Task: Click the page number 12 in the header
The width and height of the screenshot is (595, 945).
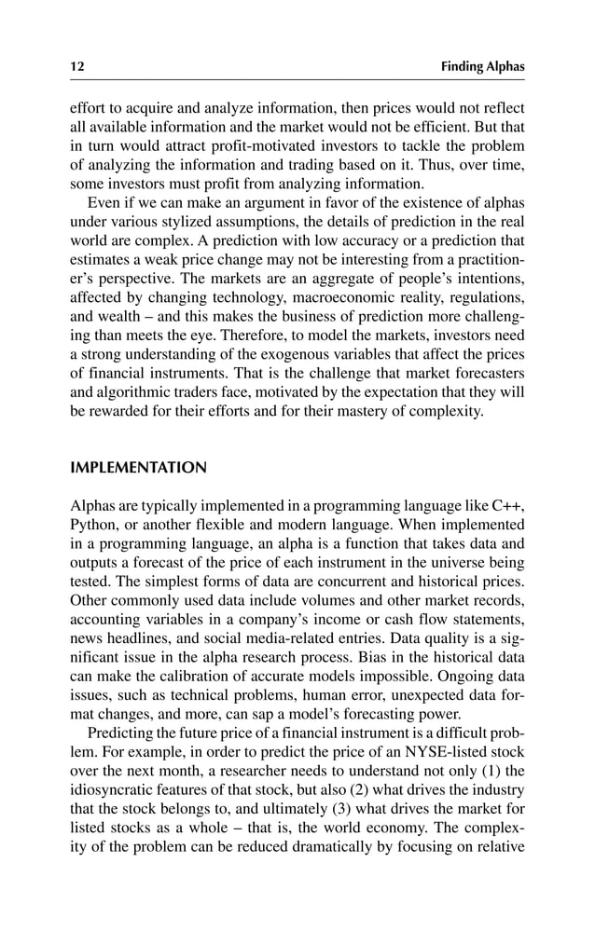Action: (x=76, y=66)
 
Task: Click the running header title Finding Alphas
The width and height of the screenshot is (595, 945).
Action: (x=483, y=66)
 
